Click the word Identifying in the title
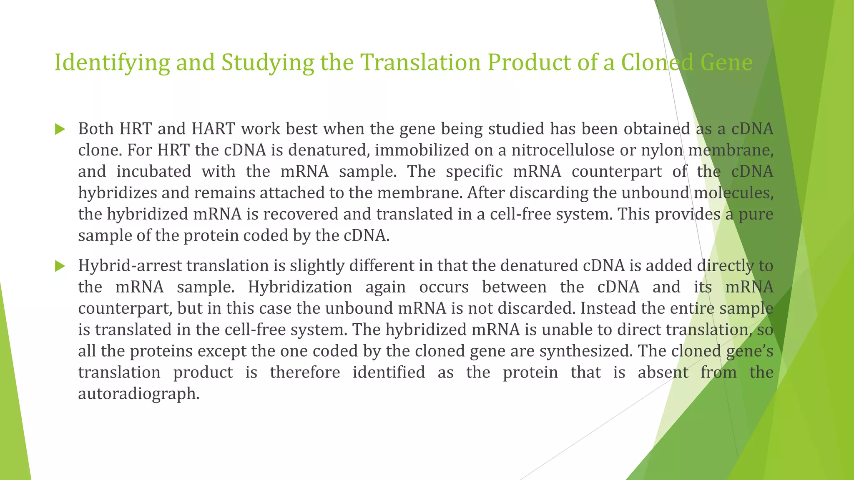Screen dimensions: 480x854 [x=112, y=62]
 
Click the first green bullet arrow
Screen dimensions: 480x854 [x=60, y=129]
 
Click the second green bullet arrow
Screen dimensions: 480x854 [x=60, y=266]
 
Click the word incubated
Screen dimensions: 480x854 [x=153, y=171]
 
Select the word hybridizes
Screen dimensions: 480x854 [x=118, y=193]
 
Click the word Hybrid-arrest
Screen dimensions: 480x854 [x=132, y=266]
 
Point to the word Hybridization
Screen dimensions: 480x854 [x=300, y=287]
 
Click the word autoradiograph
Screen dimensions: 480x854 [x=138, y=393]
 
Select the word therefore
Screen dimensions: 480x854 [x=305, y=372]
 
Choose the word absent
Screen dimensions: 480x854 [x=663, y=372]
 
